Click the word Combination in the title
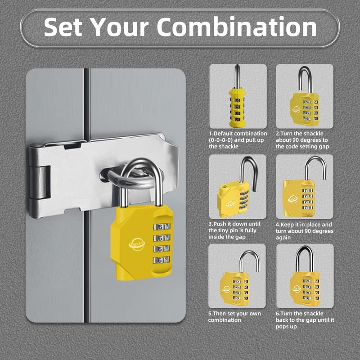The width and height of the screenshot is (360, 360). (x=237, y=27)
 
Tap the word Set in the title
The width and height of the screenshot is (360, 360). (x=63, y=27)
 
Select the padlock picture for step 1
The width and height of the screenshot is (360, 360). (x=237, y=96)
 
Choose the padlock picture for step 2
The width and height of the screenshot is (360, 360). (x=305, y=96)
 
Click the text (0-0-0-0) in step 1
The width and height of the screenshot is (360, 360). (x=224, y=140)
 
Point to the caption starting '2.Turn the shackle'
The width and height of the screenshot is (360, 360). (x=305, y=140)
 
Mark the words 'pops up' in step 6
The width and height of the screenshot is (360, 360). (x=288, y=326)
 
